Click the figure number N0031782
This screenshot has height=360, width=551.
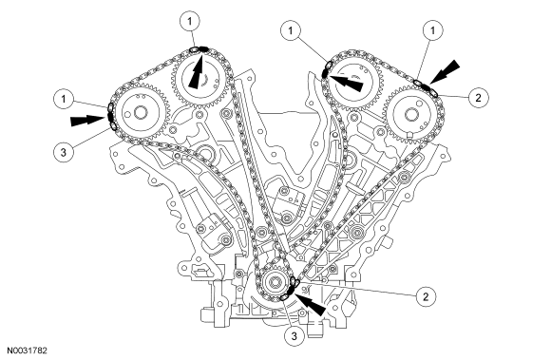27,351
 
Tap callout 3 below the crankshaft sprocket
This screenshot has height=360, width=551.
294,336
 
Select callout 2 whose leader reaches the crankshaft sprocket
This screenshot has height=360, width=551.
426,296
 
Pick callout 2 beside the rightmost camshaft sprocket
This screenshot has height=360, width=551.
478,97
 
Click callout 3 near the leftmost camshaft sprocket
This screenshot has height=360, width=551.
64,152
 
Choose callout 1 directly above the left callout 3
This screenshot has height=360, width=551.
64,100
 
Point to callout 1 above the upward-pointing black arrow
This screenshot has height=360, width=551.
190,22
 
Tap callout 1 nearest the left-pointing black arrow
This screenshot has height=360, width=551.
291,31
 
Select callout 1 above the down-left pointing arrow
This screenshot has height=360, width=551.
432,30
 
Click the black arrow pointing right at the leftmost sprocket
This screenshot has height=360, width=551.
87,120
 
